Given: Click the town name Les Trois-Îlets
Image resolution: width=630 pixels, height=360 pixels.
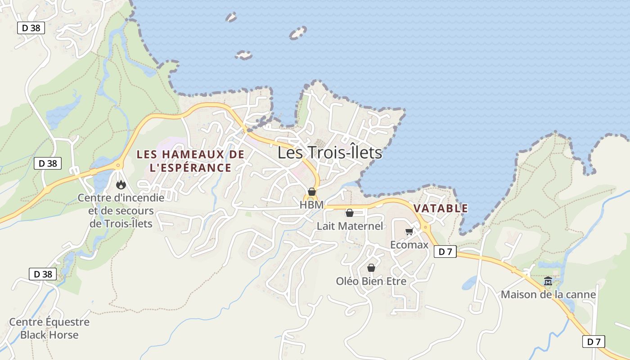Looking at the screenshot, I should (329, 153).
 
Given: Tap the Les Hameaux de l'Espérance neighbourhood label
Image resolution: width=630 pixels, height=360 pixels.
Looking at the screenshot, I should (190, 161).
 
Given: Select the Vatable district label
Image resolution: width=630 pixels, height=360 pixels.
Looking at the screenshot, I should (441, 208).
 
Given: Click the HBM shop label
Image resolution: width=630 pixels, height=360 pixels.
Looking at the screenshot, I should (311, 205).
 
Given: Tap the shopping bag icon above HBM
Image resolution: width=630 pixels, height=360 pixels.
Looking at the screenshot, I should (311, 192).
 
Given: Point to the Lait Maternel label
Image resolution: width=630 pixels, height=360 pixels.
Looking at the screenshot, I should (350, 226).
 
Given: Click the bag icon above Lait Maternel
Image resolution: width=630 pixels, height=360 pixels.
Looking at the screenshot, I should (349, 213).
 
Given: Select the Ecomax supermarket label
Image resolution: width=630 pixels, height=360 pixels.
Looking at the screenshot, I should (409, 245).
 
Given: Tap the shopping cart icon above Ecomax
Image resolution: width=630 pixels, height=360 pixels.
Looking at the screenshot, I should (409, 232).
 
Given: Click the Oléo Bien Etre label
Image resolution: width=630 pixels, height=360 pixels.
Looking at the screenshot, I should (371, 281).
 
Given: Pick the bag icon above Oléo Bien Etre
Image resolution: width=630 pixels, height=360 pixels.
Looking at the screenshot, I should (371, 268).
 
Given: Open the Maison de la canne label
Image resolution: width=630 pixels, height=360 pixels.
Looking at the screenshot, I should (548, 295).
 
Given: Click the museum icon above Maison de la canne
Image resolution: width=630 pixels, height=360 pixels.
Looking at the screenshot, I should (548, 281).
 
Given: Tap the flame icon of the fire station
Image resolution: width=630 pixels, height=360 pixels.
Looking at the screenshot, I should (121, 184).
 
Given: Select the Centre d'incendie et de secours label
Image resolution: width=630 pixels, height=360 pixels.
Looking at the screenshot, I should (121, 211).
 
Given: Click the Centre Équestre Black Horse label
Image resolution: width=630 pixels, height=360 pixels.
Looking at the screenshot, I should (49, 328).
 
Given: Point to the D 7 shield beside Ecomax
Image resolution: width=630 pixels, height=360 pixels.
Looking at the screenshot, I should (445, 252).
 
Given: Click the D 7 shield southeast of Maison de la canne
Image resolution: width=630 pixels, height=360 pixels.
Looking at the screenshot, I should (594, 342).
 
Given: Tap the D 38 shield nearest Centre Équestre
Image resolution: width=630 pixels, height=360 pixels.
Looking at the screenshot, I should (43, 274).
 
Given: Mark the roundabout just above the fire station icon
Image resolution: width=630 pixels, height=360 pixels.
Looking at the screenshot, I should (118, 165).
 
